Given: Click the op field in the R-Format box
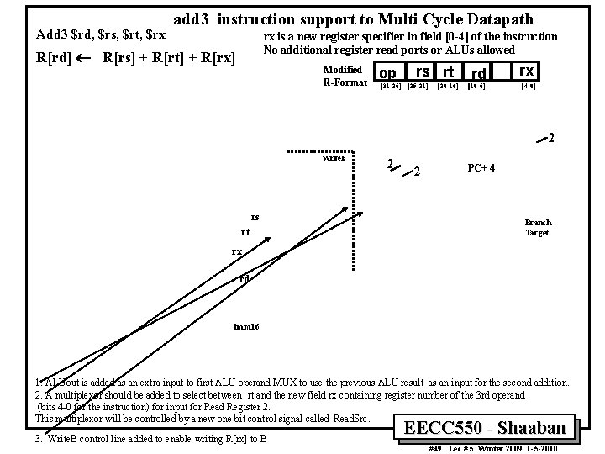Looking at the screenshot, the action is [388, 72].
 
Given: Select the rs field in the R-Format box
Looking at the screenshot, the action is [423, 72].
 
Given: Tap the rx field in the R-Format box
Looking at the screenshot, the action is [526, 71].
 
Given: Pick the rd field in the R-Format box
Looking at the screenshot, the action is [477, 74].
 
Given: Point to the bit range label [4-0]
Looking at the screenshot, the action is [528, 86].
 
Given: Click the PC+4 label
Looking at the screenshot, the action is [481, 167].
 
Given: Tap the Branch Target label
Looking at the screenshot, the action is [538, 228].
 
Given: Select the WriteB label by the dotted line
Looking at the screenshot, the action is [334, 157].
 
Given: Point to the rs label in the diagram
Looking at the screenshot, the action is [255, 217].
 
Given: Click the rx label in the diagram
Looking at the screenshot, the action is [238, 251].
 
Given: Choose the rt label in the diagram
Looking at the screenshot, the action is [245, 233].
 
